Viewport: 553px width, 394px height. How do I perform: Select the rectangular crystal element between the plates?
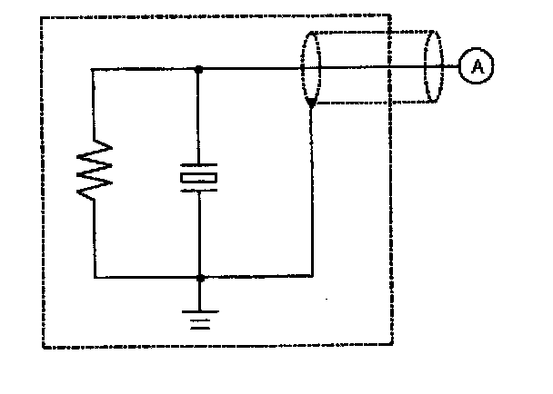199,179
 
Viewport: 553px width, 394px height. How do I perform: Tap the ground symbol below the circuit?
200,318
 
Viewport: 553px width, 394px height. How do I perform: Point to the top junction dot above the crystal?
199,68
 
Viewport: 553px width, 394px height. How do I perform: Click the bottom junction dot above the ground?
200,278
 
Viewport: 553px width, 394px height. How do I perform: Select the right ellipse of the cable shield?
434,67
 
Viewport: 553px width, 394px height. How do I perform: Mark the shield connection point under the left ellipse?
311,106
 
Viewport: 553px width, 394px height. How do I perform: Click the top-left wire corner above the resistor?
95,68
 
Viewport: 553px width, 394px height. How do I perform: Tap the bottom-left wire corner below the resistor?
95,278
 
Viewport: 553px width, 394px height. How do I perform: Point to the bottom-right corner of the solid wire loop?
312,278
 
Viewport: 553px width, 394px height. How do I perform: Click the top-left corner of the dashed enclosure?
43,15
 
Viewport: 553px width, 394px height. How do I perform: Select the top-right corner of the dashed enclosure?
391,15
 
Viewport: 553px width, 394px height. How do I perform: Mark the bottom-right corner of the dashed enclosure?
392,345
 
